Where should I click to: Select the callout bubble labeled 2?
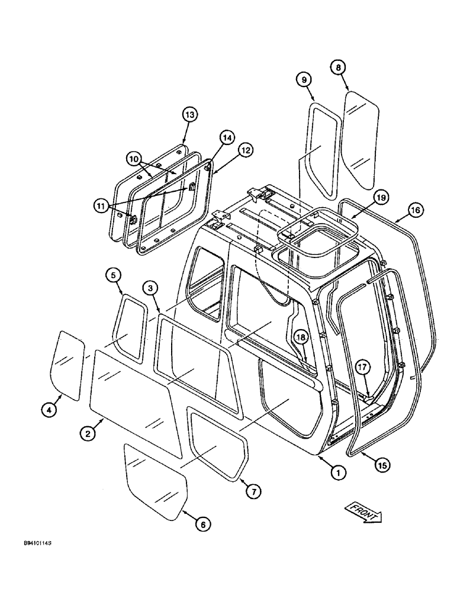click(x=87, y=433)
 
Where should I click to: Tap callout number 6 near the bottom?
click(x=202, y=524)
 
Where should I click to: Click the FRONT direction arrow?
click(x=363, y=513)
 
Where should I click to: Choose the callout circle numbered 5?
click(x=115, y=275)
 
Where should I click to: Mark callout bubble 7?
click(x=253, y=491)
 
